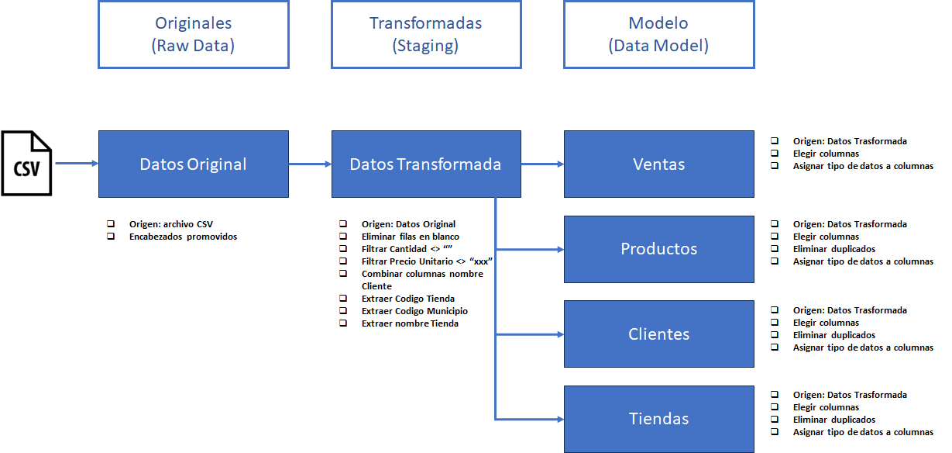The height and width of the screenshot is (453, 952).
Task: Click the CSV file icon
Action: pyautogui.click(x=26, y=164)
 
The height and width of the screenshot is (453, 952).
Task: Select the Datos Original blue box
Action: pyautogui.click(x=194, y=164)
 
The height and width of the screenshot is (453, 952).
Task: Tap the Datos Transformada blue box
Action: pyautogui.click(x=426, y=164)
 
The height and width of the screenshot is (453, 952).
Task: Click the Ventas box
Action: pyautogui.click(x=658, y=164)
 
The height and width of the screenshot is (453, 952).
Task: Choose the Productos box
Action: pyautogui.click(x=658, y=249)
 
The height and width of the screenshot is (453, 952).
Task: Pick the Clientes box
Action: pyautogui.click(x=658, y=334)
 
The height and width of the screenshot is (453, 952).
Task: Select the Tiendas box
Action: pyautogui.click(x=658, y=419)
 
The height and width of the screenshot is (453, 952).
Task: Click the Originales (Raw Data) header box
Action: pyautogui.click(x=194, y=34)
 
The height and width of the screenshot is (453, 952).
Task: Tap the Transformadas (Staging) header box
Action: pyautogui.click(x=426, y=34)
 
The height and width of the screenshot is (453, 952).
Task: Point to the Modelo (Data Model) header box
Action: pyautogui.click(x=658, y=34)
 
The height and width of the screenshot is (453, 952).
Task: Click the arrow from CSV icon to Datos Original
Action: pyautogui.click(x=75, y=164)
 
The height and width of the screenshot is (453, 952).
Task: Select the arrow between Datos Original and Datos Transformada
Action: pyautogui.click(x=310, y=164)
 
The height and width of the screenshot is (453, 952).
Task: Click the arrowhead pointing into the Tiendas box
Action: pyautogui.click(x=559, y=419)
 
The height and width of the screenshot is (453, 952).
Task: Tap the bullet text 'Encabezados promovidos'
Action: pyautogui.click(x=183, y=237)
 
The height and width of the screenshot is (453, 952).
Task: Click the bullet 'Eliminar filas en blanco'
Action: pyautogui.click(x=410, y=237)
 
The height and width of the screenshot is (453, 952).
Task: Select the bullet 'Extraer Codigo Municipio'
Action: pyautogui.click(x=414, y=311)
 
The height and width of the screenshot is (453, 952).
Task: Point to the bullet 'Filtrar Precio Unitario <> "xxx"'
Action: pyautogui.click(x=427, y=261)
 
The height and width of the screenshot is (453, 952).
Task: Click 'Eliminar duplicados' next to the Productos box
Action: pyautogui.click(x=833, y=249)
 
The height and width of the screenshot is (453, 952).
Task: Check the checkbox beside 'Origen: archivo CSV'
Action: pyautogui.click(x=111, y=224)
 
